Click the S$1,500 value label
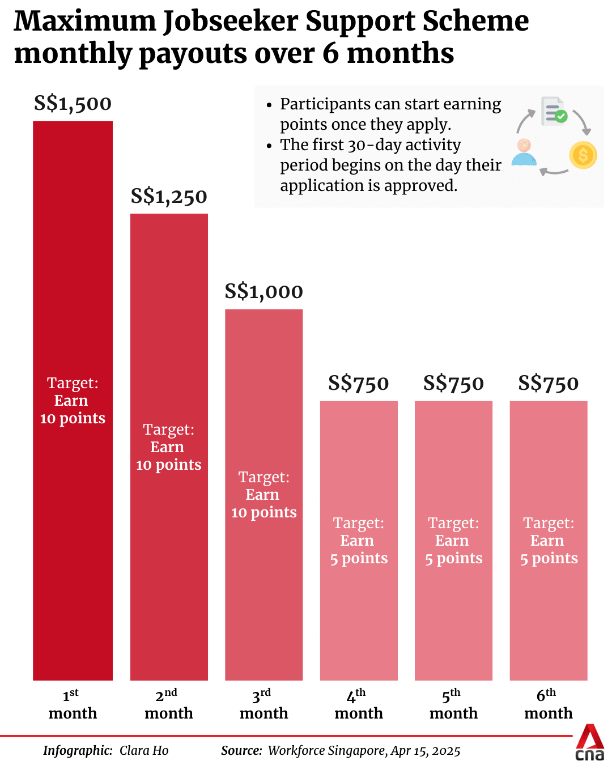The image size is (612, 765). point(73,104)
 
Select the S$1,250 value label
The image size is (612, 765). point(169,197)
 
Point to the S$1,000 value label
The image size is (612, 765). point(263,292)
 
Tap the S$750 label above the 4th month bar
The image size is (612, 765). point(358,384)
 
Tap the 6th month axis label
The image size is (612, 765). point(548,704)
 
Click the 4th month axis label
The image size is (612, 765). point(358,704)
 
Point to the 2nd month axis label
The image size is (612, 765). point(169,704)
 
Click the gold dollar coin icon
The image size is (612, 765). point(583,155)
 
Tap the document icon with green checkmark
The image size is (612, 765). point(554,111)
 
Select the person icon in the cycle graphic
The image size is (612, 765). point(524,152)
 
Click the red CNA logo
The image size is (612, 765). point(590,742)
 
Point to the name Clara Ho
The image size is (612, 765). point(144,751)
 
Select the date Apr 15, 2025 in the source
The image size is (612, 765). point(426,751)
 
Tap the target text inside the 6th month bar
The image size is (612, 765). point(549,541)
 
